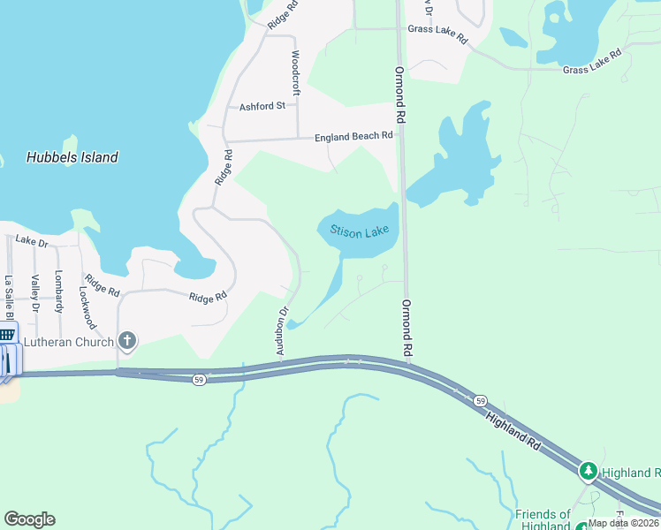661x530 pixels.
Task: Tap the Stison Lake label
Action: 360,231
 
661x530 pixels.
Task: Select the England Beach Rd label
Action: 353,137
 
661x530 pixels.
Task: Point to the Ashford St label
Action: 262,106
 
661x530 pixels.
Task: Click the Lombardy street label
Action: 59,291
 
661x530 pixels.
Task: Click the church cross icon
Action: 127,340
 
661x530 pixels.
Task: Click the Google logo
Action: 29,519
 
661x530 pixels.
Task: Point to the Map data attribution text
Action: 622,523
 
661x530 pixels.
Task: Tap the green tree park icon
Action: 589,473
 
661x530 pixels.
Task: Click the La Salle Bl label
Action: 9,296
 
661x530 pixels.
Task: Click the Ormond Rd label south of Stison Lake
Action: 407,328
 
